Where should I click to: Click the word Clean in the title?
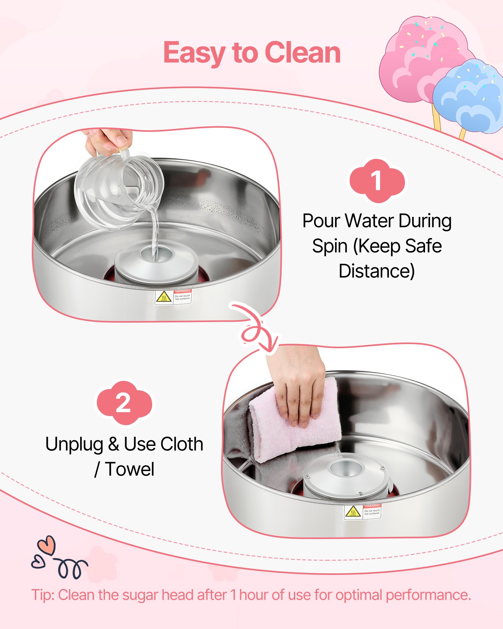(x=303, y=53)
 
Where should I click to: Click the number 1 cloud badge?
(x=377, y=181)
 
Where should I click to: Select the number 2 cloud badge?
(x=124, y=403)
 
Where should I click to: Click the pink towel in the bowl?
(x=296, y=425)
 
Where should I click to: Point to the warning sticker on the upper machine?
(x=173, y=297)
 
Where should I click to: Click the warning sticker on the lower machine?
(x=362, y=512)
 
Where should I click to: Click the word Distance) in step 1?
(x=377, y=271)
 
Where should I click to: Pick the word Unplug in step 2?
(x=74, y=445)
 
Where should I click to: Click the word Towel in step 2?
(x=130, y=470)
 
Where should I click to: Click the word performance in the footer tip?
(x=428, y=595)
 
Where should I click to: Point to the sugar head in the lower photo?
(x=346, y=475)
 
